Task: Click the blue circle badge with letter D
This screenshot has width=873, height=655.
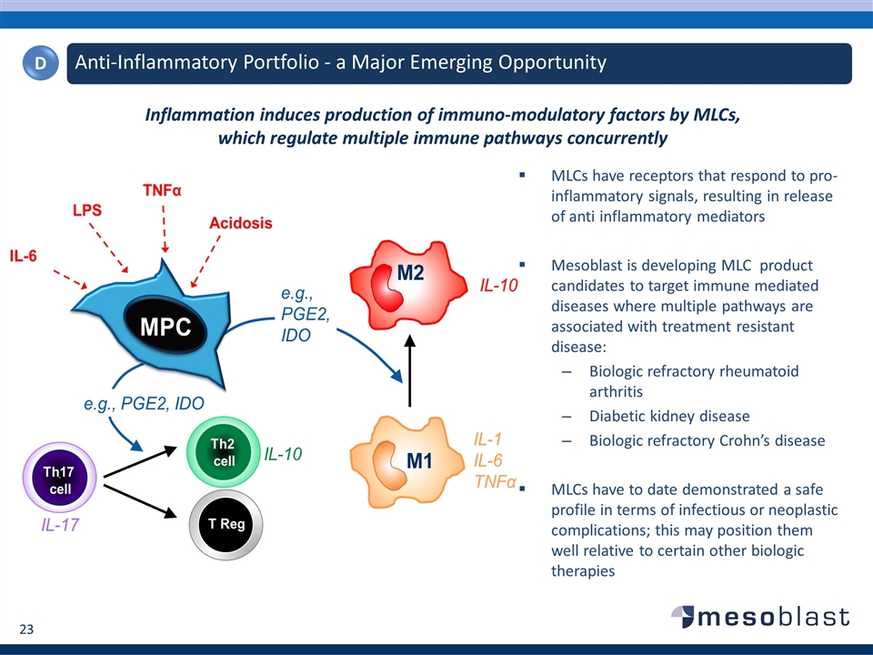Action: (x=41, y=63)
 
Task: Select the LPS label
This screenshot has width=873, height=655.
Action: (x=87, y=209)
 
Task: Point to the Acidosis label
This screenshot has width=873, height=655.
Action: (x=241, y=223)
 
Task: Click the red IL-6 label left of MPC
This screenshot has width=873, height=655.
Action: (x=24, y=257)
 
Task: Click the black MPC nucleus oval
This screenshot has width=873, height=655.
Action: (x=164, y=327)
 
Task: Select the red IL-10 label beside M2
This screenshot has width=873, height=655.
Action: (x=498, y=286)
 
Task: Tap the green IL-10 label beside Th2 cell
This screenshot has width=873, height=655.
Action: (x=283, y=453)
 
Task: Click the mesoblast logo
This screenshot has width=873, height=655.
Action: (x=761, y=617)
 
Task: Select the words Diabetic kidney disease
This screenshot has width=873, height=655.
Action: (x=669, y=416)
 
